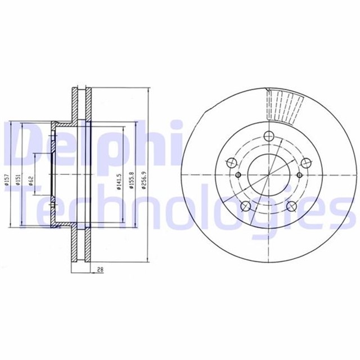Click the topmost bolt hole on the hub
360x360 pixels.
(x=268, y=135)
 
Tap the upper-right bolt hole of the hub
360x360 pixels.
(x=305, y=163)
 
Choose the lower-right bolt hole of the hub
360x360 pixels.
(x=291, y=206)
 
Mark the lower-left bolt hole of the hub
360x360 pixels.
(x=246, y=206)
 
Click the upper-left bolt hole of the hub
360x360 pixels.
(x=231, y=163)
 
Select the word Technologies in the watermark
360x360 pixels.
(x=180, y=211)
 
